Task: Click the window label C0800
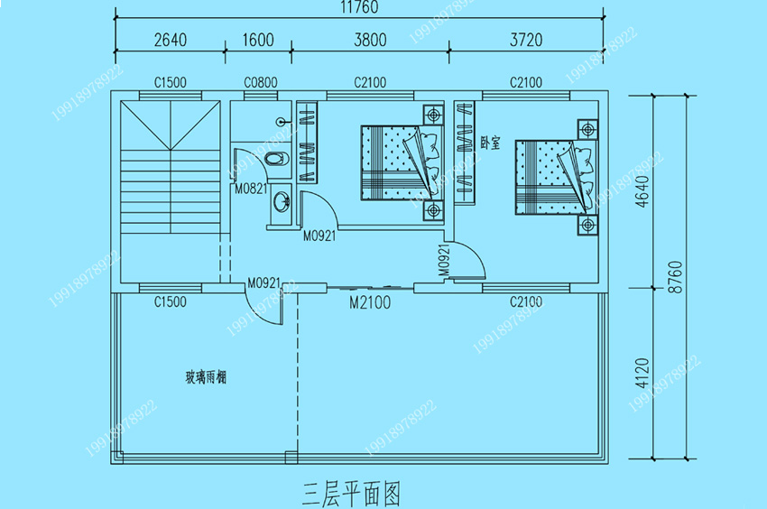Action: click(x=260, y=82)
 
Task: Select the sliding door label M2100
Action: click(x=370, y=303)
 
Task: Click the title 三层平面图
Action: click(x=351, y=492)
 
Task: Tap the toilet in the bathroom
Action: click(x=274, y=161)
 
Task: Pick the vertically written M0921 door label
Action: click(x=444, y=260)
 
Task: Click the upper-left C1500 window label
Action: click(x=170, y=82)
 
